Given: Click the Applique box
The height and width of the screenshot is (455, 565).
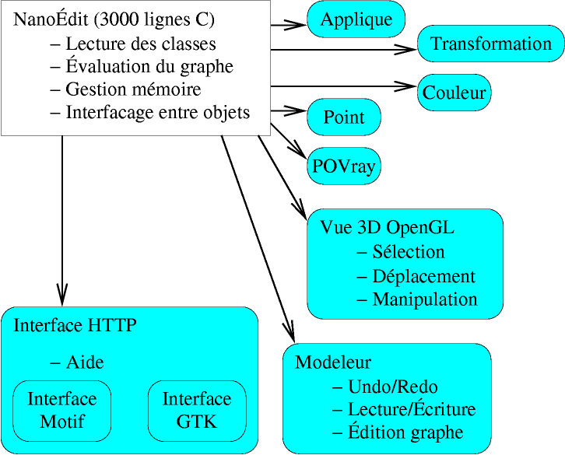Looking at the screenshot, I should tap(356, 19).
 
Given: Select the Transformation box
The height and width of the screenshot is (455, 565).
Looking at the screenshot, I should tap(491, 44).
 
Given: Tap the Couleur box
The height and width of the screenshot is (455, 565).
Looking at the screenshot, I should tap(454, 93).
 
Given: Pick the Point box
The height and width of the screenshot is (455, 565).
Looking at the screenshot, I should tap(344, 117).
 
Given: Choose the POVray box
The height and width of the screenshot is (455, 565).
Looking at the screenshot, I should tap(344, 165).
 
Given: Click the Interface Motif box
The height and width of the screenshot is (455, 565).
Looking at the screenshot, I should tap(62, 410).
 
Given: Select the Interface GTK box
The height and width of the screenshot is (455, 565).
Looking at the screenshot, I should tap(197, 410).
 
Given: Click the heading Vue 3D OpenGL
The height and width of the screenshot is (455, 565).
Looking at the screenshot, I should tap(387, 228).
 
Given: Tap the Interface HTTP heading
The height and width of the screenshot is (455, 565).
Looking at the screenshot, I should tap(75, 325).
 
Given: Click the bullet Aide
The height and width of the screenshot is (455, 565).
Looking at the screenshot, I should tap(77, 362).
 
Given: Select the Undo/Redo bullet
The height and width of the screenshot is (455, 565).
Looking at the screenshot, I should tap(385, 387).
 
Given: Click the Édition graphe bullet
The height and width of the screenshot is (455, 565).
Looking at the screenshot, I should tap(398, 432).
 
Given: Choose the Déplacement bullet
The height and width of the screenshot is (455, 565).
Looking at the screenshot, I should tap(416, 276).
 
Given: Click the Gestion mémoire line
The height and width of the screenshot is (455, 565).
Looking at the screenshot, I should tap(125, 89).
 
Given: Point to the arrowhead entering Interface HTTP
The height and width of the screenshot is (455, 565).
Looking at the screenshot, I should tap(61, 298).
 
